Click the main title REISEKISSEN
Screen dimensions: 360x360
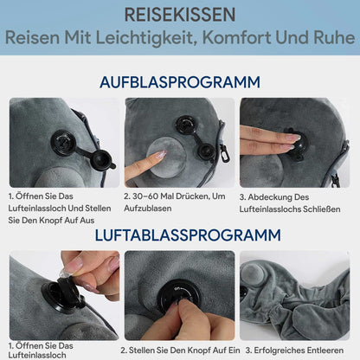click(x=179, y=16)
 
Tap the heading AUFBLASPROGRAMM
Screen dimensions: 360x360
click(x=179, y=82)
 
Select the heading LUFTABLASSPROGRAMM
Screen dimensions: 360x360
click(x=179, y=235)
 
